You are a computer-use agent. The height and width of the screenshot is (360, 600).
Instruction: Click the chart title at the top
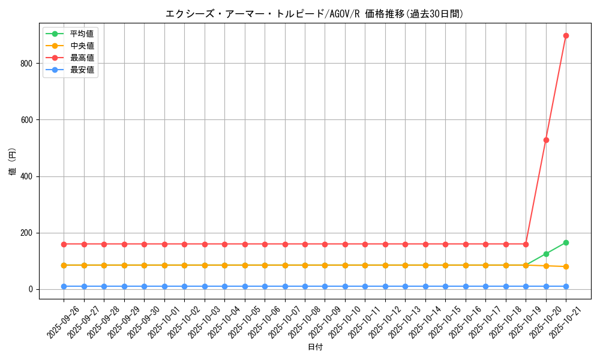tap(314, 14)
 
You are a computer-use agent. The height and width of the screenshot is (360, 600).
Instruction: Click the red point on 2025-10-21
tap(566, 35)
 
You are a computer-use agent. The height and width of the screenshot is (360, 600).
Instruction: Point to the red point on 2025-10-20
tap(546, 140)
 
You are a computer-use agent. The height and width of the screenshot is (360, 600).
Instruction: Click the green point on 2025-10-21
tap(566, 242)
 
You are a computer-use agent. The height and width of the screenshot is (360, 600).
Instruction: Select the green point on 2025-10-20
tap(546, 254)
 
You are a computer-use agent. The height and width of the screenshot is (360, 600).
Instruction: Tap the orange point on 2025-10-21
tap(566, 266)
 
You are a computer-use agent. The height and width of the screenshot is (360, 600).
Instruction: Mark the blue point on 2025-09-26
tap(64, 286)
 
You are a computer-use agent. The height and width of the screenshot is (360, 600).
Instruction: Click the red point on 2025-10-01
tap(164, 244)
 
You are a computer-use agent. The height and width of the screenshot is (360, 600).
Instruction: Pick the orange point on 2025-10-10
tap(345, 265)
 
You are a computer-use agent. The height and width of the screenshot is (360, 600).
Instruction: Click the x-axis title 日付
tap(315, 347)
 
